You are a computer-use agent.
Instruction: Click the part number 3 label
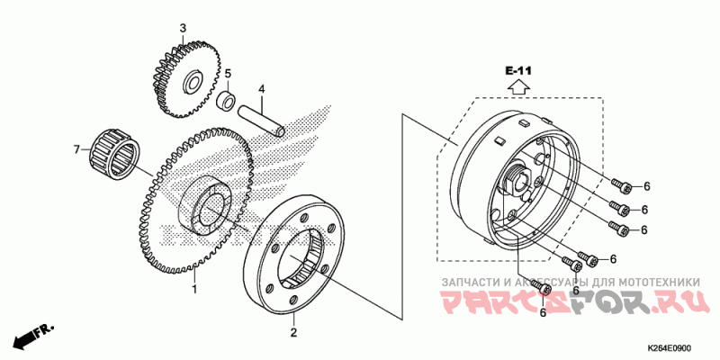pyautogui.click(x=182, y=28)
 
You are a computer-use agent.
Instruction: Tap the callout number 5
pyautogui.click(x=228, y=73)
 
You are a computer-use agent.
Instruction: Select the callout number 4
pyautogui.click(x=261, y=89)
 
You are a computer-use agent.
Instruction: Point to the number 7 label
pyautogui.click(x=76, y=146)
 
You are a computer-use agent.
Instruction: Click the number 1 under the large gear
pyautogui.click(x=193, y=290)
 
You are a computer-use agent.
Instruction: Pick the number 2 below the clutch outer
pyautogui.click(x=292, y=333)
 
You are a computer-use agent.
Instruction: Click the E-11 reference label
pyautogui.click(x=518, y=70)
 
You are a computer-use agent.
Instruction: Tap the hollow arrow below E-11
pyautogui.click(x=518, y=86)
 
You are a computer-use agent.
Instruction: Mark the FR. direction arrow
pyautogui.click(x=31, y=337)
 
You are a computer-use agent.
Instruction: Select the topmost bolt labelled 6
pyautogui.click(x=621, y=184)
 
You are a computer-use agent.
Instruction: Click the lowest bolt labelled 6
pyautogui.click(x=540, y=288)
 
